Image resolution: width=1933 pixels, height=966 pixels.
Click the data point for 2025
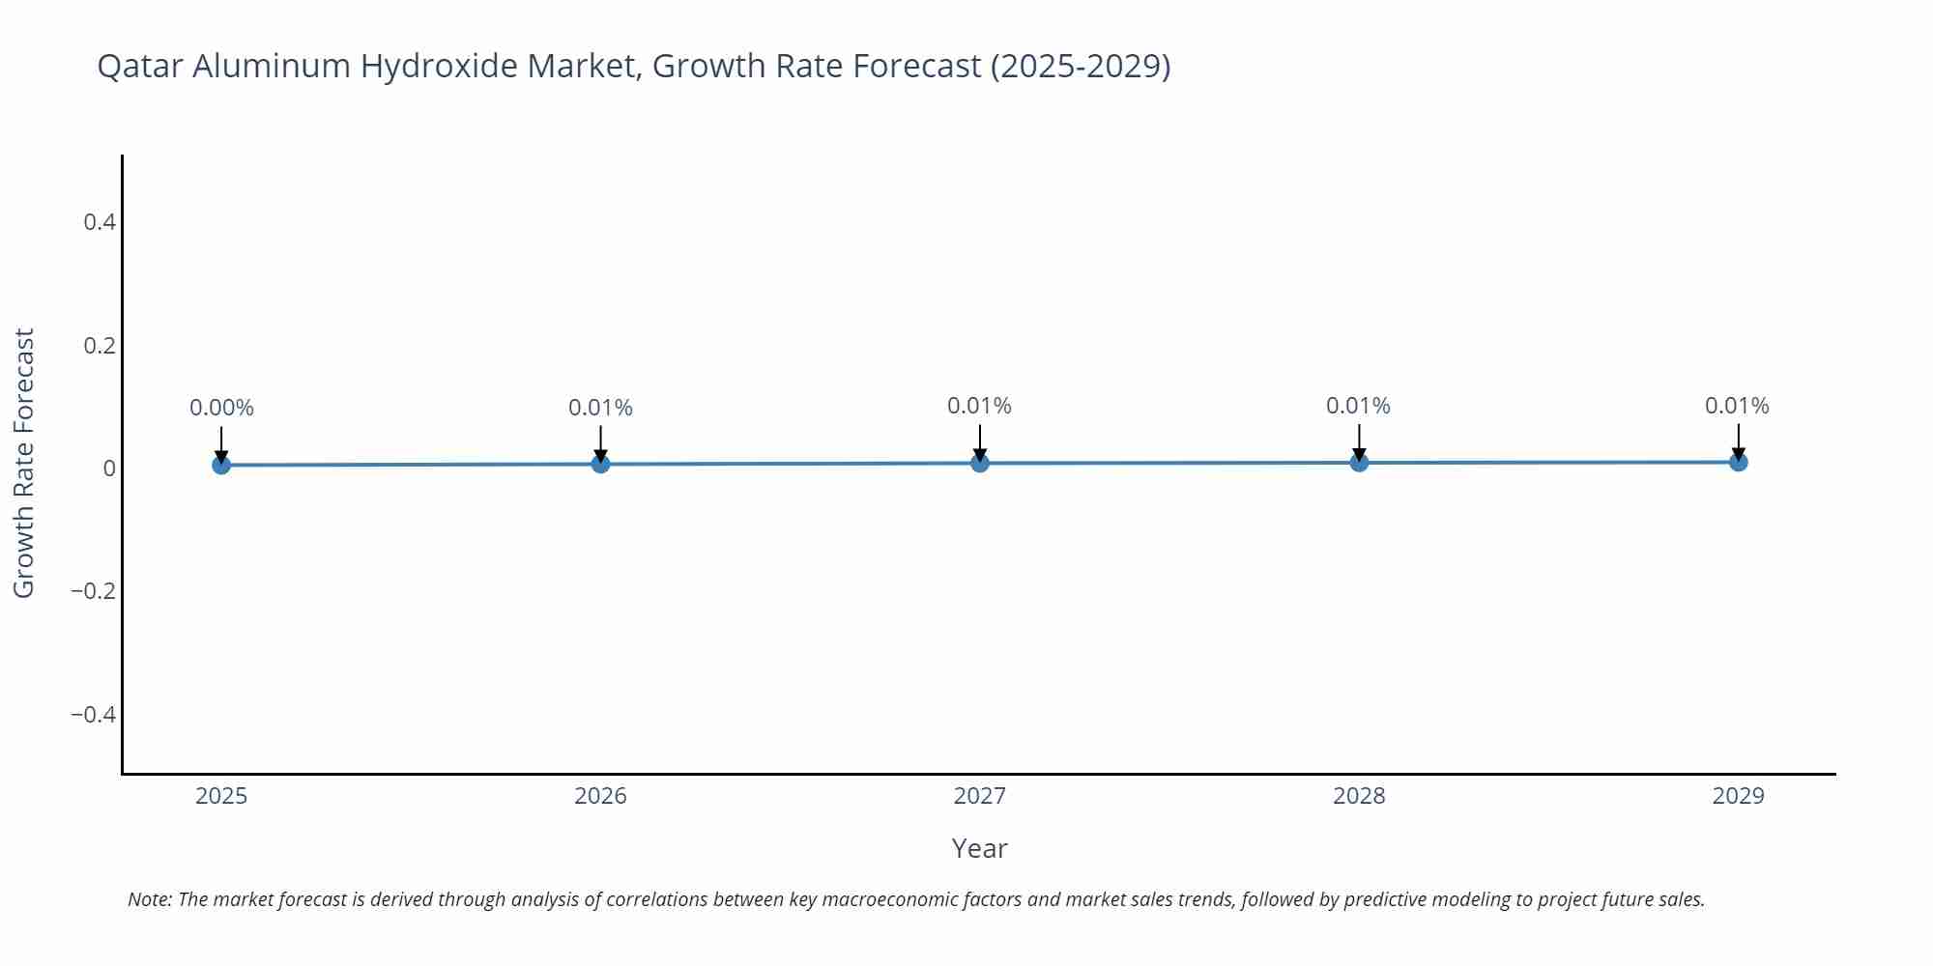point(221,466)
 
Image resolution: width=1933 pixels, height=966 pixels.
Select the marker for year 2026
point(600,465)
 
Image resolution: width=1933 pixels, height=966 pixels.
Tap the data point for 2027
point(980,464)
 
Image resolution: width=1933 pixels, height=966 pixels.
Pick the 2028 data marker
point(1359,463)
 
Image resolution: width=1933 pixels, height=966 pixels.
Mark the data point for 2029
point(1738,463)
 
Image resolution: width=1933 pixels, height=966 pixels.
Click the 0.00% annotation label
point(221,409)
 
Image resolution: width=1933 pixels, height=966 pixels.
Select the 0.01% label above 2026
point(600,409)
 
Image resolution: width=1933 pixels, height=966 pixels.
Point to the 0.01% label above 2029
point(1737,407)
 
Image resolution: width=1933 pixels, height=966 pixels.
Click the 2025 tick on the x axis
point(221,796)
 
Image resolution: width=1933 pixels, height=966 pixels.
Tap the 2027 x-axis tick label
point(980,796)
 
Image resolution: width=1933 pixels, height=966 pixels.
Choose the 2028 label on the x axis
point(1359,796)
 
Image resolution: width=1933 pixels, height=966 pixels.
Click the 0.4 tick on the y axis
point(100,222)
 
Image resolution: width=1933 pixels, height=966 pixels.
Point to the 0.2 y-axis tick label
point(100,346)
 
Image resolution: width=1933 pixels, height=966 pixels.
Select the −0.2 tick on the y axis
point(94,591)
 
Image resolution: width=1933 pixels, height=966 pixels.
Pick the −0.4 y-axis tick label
point(94,715)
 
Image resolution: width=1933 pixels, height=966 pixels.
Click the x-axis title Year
point(979,849)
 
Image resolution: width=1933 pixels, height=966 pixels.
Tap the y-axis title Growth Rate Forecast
point(24,464)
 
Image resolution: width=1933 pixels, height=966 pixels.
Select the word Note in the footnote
point(149,900)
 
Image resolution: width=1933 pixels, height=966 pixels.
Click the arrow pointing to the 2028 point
point(1359,442)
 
